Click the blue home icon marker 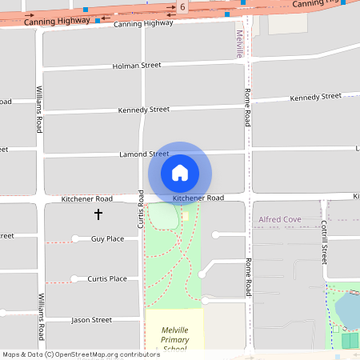(x=180, y=173)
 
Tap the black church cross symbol (x=98, y=214)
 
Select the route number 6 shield (x=182, y=7)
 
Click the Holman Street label (x=137, y=66)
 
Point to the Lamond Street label (x=144, y=154)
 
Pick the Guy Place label (x=107, y=238)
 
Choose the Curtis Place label (x=107, y=278)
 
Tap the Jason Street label (x=92, y=319)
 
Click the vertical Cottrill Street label (x=324, y=242)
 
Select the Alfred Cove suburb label (x=279, y=218)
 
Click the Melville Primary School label (x=174, y=339)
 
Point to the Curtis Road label (x=141, y=209)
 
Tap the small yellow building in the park (x=185, y=216)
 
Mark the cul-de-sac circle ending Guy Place (x=75, y=238)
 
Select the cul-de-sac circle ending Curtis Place (x=74, y=278)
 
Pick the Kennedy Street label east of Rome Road (x=315, y=97)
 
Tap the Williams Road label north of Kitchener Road (x=38, y=110)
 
